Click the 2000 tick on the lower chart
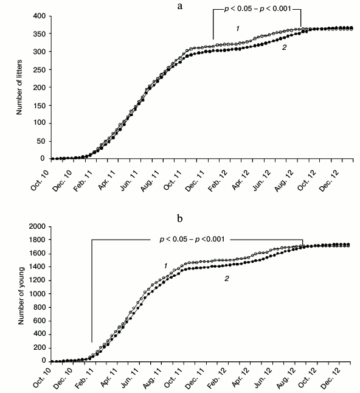pyautogui.click(x=38, y=226)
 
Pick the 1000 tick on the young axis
pyautogui.click(x=38, y=294)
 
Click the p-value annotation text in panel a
pyautogui.click(x=257, y=10)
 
